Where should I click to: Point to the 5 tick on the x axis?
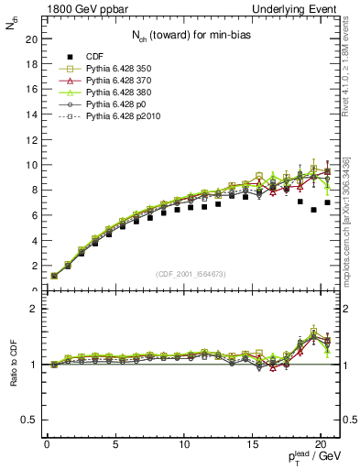[x=115, y=444]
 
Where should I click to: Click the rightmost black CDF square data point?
[x=327, y=202]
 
